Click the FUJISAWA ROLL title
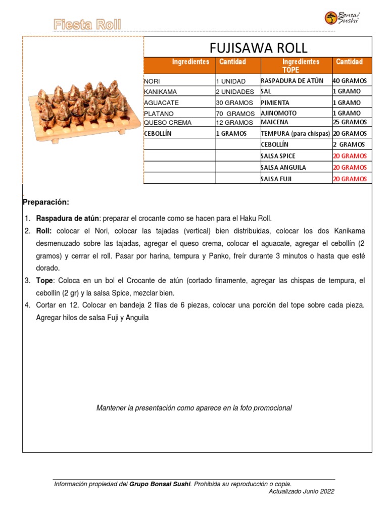pyautogui.click(x=258, y=48)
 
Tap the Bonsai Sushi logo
pyautogui.click(x=342, y=18)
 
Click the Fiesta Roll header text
pyautogui.click(x=87, y=24)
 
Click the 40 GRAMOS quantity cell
pyautogui.click(x=350, y=81)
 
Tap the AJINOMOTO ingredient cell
pyautogui.click(x=279, y=113)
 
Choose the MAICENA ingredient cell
pyautogui.click(x=275, y=122)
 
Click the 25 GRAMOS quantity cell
pyautogui.click(x=350, y=122)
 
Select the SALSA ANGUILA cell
pyautogui.click(x=283, y=167)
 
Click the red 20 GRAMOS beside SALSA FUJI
pyautogui.click(x=350, y=179)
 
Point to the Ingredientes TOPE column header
pyautogui.click(x=296, y=66)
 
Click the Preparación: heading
pyautogui.click(x=45, y=202)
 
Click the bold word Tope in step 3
pyautogui.click(x=44, y=280)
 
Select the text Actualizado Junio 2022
pyautogui.click(x=301, y=491)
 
